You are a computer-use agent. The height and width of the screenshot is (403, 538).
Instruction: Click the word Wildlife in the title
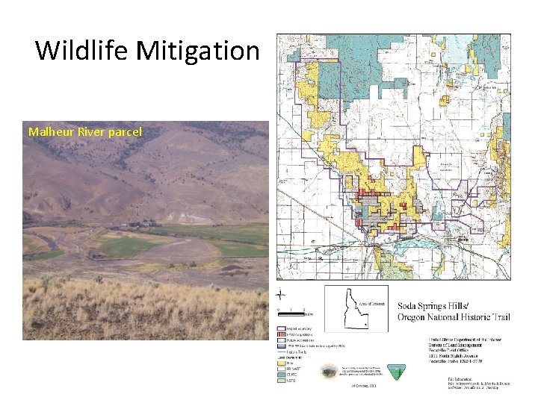coord(82,51)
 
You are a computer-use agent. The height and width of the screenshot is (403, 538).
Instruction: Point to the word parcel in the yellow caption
coord(126,132)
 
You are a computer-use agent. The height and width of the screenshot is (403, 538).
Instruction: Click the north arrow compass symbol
coord(281,294)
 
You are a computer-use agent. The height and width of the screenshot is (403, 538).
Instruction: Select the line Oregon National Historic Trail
coord(454,318)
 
